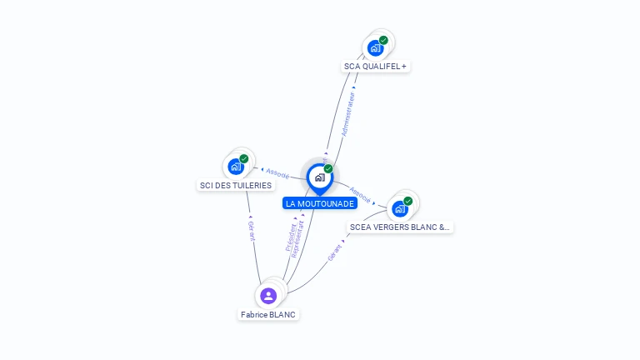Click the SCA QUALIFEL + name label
[376, 66]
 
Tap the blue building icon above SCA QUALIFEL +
[375, 48]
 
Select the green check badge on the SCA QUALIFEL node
[383, 40]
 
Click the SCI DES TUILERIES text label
[236, 185]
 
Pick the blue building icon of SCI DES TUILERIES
[236, 167]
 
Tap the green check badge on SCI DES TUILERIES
[244, 158]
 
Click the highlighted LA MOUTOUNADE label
[320, 203]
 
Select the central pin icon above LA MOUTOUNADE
[319, 177]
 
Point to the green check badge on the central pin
[328, 168]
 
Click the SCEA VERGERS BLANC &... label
[400, 227]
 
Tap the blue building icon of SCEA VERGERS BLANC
[400, 208]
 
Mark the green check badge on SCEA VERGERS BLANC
[408, 201]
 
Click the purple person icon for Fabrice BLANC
[268, 295]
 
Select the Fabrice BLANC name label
[268, 314]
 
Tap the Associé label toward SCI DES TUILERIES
[277, 173]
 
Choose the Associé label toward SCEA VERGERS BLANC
[361, 194]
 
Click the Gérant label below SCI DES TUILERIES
[252, 230]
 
